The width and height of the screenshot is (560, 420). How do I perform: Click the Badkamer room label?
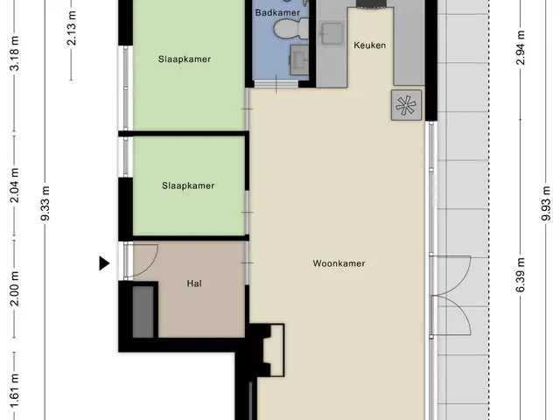point(277,13)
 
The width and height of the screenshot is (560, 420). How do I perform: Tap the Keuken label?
point(369,45)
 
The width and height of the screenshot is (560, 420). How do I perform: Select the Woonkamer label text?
point(339,263)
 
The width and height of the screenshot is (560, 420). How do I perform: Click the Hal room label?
point(194,283)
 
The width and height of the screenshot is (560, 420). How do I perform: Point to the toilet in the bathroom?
point(290,28)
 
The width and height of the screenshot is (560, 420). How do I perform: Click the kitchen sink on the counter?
point(332,33)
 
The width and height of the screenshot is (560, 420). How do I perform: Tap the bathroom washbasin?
point(299,59)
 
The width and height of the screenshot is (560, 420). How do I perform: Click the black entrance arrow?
point(104,263)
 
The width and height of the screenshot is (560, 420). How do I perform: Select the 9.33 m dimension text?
point(45,204)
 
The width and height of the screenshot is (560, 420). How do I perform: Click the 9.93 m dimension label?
point(546,204)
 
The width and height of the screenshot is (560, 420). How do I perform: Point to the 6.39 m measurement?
point(521,275)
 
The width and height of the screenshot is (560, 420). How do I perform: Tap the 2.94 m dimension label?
point(521,48)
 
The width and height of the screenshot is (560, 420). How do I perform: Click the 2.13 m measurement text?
point(72,28)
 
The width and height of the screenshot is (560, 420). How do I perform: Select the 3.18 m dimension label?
point(15,53)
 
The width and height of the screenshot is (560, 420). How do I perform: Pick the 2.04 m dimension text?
point(15,185)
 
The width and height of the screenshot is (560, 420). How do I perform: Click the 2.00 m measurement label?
point(15,289)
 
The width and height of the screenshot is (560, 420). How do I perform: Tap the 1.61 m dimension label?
point(15,391)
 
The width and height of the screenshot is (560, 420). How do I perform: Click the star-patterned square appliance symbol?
point(406,105)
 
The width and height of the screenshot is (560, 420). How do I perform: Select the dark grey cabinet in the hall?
point(143,311)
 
